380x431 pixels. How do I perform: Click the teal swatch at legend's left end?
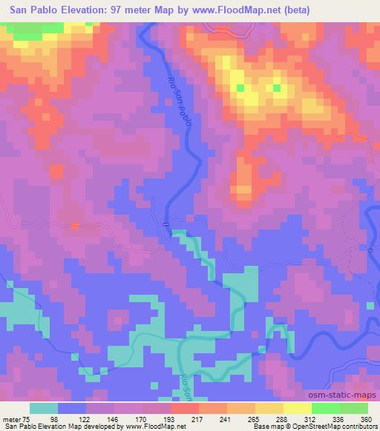tap(45, 408)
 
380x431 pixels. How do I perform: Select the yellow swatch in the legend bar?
tap(298, 408)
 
